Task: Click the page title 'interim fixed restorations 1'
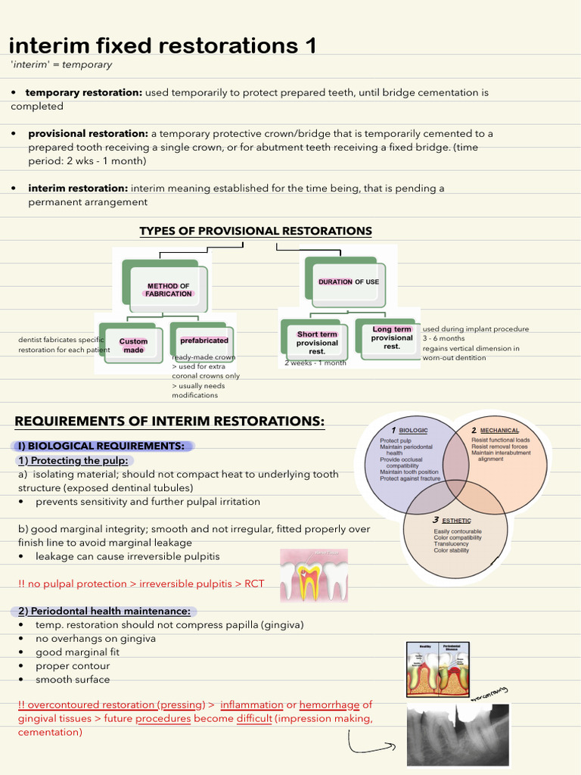pos(162,46)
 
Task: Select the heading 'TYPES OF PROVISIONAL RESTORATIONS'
pos(256,231)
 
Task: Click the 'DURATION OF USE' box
pos(348,282)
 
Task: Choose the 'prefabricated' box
pos(204,341)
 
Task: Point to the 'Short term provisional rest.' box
pos(317,343)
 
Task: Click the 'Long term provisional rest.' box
pos(391,338)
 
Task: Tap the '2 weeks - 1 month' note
pos(315,363)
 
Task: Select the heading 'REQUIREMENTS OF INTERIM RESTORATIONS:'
pos(169,421)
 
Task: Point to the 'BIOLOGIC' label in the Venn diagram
pos(413,430)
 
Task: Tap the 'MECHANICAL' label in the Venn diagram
pos(499,430)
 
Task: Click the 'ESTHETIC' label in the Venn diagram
pos(455,520)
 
